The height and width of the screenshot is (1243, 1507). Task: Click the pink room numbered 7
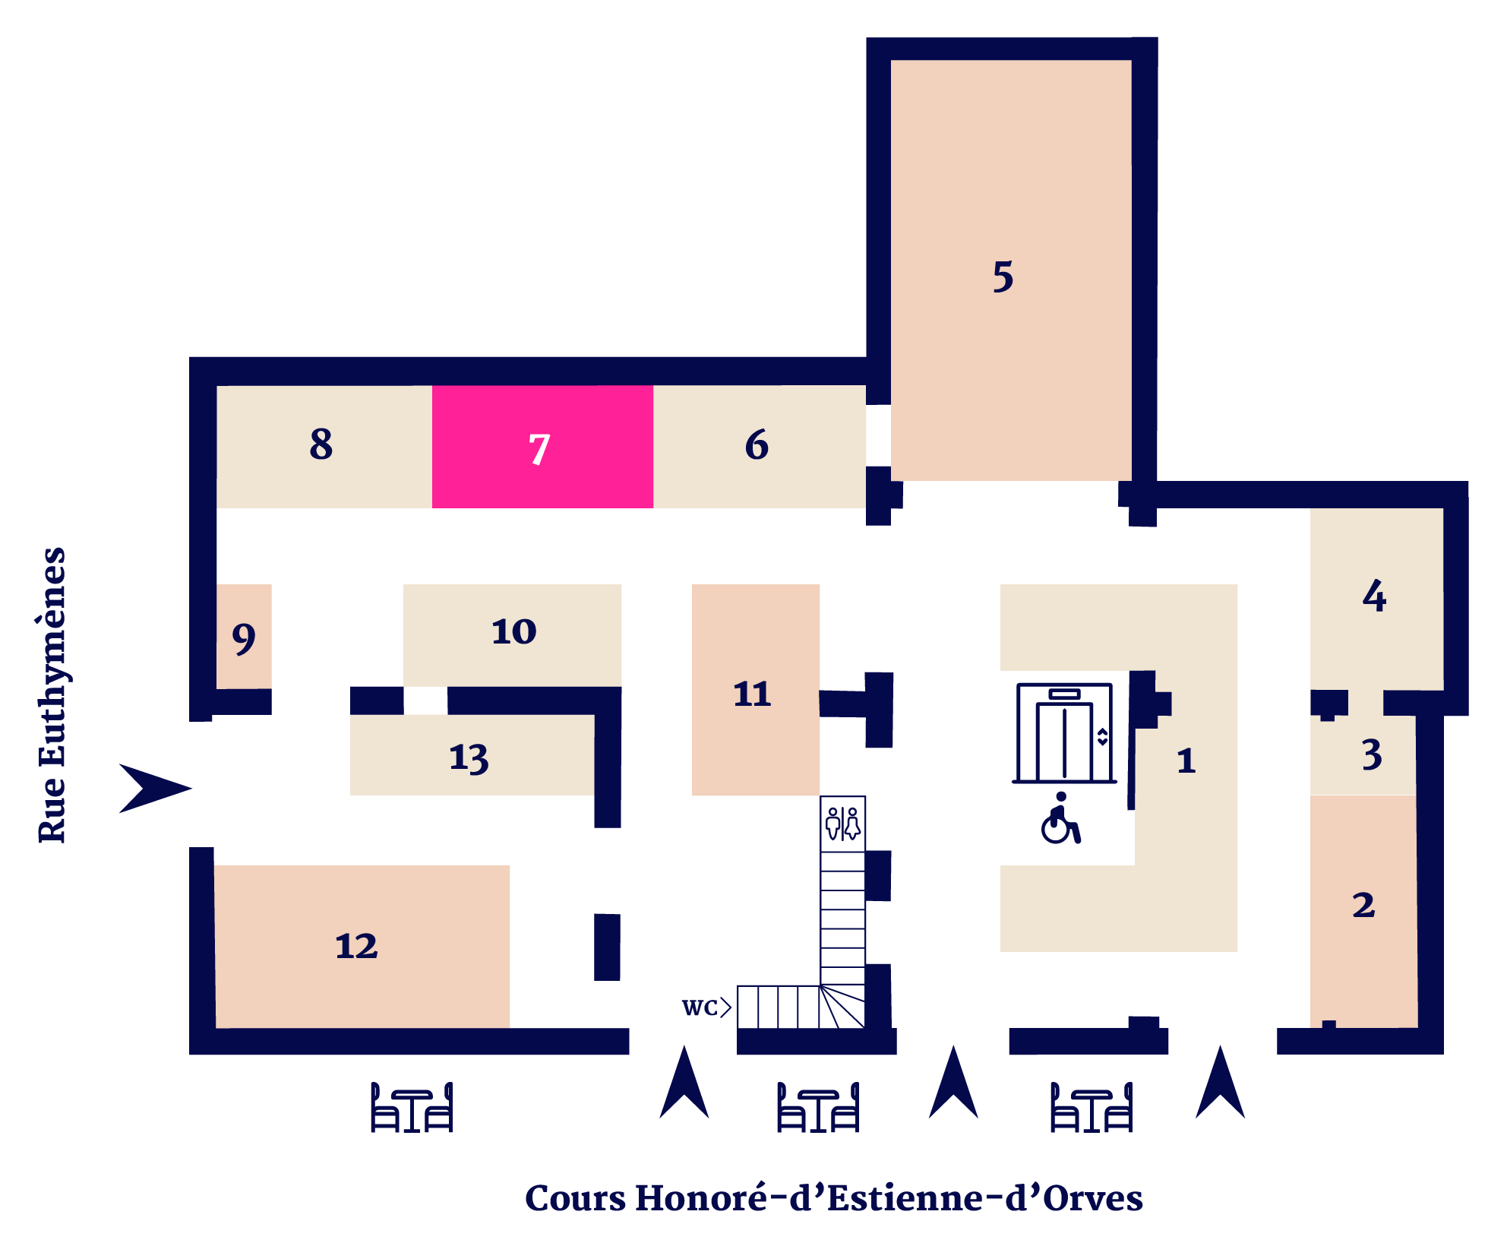pyautogui.click(x=542, y=447)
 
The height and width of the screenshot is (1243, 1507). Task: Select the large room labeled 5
pyautogui.click(x=1011, y=270)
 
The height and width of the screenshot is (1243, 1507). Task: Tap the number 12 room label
pyautogui.click(x=356, y=946)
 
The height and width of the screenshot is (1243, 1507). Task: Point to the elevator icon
pyautogui.click(x=1065, y=733)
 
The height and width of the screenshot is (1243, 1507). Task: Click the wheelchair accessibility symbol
pyautogui.click(x=1060, y=818)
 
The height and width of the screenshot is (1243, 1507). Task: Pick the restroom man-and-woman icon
pyautogui.click(x=843, y=824)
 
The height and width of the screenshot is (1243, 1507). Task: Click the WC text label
pyautogui.click(x=700, y=1007)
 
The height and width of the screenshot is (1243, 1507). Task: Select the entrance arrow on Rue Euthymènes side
pyautogui.click(x=156, y=789)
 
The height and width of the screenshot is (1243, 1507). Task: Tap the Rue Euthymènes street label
pyautogui.click(x=52, y=694)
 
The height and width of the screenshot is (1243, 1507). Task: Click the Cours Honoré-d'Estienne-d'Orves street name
pyautogui.click(x=834, y=1198)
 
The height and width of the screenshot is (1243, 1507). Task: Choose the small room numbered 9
pyautogui.click(x=244, y=637)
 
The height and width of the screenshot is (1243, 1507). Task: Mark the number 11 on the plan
pyautogui.click(x=752, y=694)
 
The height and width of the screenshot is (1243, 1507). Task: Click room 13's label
pyautogui.click(x=469, y=758)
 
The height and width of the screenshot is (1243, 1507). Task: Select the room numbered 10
pyautogui.click(x=513, y=635)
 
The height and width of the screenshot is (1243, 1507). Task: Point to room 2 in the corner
pyautogui.click(x=1363, y=911)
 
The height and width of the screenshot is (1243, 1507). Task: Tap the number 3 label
pyautogui.click(x=1372, y=754)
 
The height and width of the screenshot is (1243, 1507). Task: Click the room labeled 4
pyautogui.click(x=1376, y=599)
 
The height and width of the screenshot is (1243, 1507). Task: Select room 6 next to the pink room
pyautogui.click(x=760, y=447)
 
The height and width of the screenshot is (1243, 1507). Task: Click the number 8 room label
pyautogui.click(x=321, y=444)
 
